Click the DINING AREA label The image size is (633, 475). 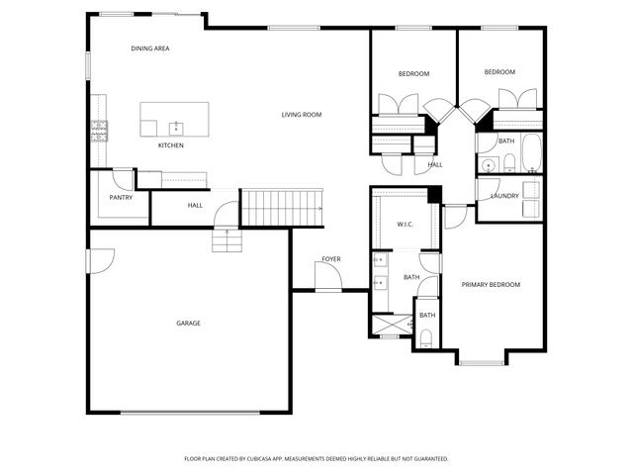click(150, 47)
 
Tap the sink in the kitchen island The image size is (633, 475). click(176, 127)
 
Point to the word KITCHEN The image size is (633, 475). click(171, 145)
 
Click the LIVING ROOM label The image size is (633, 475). click(302, 115)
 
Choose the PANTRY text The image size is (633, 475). click(121, 197)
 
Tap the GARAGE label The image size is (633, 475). click(188, 323)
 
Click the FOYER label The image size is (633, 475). click(330, 259)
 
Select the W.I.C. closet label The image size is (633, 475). click(405, 224)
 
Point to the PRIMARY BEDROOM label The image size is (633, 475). click(491, 285)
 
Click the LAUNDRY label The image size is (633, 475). click(504, 196)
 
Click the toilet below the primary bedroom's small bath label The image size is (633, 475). click(426, 338)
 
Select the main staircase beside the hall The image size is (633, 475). click(284, 208)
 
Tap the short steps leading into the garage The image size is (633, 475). click(226, 240)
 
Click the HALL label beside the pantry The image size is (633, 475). click(195, 206)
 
